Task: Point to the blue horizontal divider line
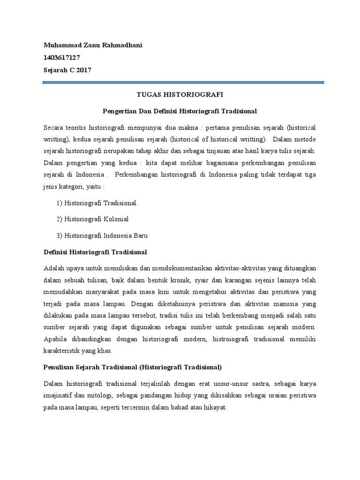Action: coord(183,82)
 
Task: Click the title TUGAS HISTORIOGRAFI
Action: coord(180,94)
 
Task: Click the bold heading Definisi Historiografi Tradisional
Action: coord(95,252)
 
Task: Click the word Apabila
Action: coord(54,338)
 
